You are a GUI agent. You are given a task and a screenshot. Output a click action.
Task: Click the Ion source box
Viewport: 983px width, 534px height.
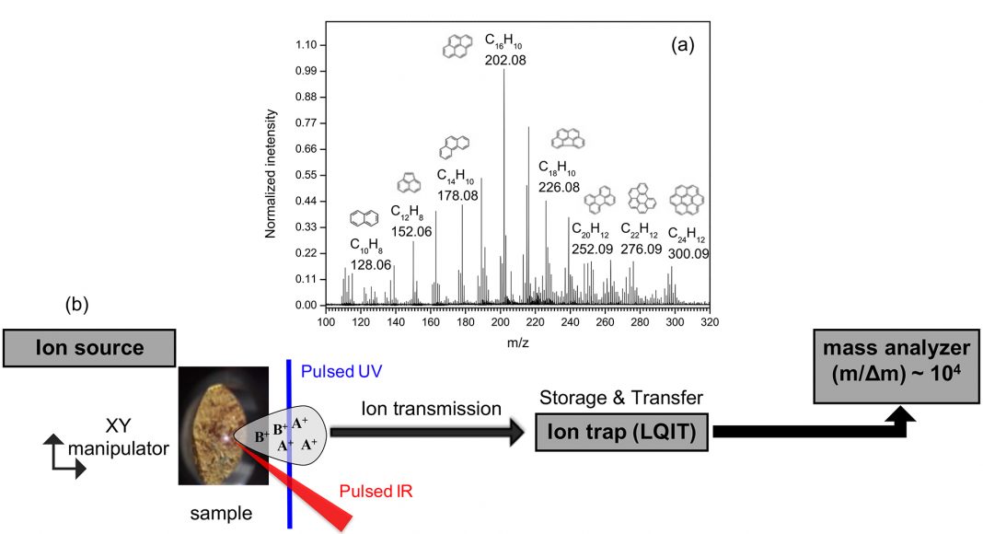[x=89, y=348]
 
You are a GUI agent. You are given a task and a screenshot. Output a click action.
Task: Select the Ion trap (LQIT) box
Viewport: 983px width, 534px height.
[x=622, y=431]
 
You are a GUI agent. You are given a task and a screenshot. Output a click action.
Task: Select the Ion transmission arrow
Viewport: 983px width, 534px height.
[x=428, y=431]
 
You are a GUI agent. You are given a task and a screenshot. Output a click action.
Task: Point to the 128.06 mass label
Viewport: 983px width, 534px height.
[x=371, y=264]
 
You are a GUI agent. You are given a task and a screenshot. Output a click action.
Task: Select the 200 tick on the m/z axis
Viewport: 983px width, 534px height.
[x=501, y=321]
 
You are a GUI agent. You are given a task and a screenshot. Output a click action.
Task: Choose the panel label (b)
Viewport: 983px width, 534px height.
[x=75, y=305]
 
